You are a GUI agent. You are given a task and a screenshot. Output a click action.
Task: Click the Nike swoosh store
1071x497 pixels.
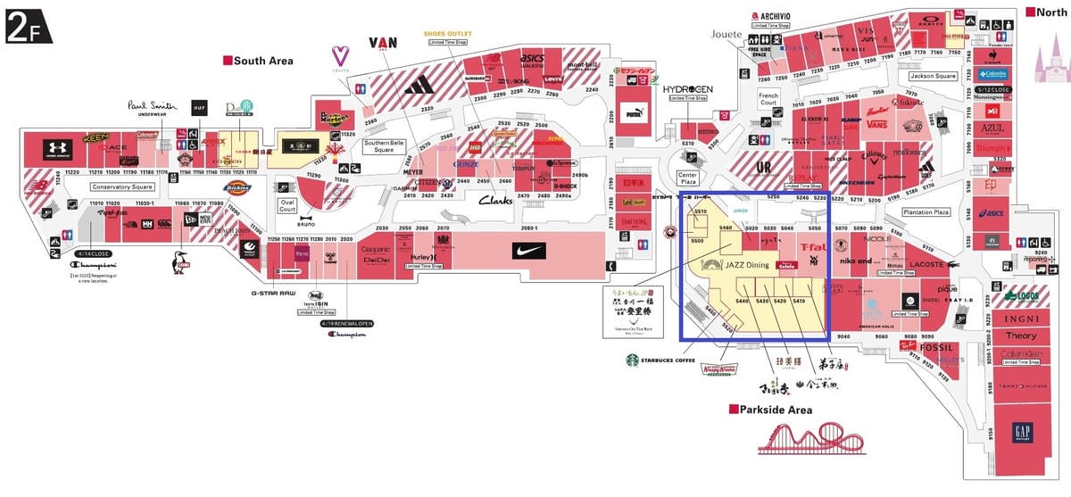point(525,253)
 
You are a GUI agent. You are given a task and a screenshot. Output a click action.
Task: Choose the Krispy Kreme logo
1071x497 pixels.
point(722,369)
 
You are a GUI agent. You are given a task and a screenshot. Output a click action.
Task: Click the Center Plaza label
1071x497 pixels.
point(687,178)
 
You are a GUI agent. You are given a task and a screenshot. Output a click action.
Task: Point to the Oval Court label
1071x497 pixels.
point(287,204)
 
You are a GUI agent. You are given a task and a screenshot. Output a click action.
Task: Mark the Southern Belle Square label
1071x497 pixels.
point(385,145)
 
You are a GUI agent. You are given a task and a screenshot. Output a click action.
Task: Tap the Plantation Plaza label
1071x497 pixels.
point(925,212)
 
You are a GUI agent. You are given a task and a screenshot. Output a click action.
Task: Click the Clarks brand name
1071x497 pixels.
point(495,202)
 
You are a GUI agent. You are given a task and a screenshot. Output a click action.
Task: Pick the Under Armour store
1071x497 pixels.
point(55,149)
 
